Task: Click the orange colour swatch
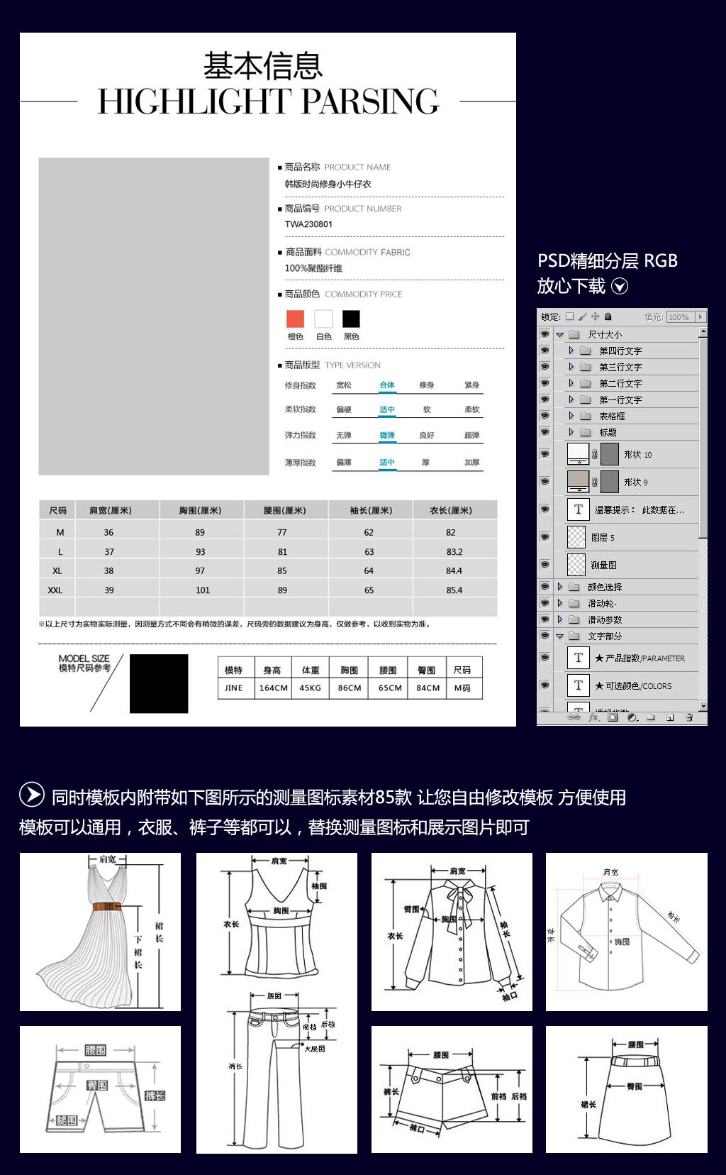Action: [295, 319]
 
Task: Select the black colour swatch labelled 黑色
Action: [351, 319]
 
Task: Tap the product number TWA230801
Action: [308, 224]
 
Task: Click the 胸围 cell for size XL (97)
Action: [200, 570]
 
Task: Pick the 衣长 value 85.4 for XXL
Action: [454, 590]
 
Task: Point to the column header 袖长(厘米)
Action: [370, 510]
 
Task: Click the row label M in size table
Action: [60, 532]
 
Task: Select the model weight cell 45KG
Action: [310, 688]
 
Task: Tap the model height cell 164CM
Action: [273, 688]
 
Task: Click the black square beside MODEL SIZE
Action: [159, 683]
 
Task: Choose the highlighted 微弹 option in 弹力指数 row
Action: [386, 435]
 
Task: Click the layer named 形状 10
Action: [637, 454]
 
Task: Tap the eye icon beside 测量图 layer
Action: [544, 565]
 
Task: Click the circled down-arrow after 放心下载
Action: [620, 286]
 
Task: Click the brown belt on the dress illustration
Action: [106, 906]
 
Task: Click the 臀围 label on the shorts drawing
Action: [96, 1085]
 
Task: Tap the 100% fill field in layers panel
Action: [678, 317]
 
